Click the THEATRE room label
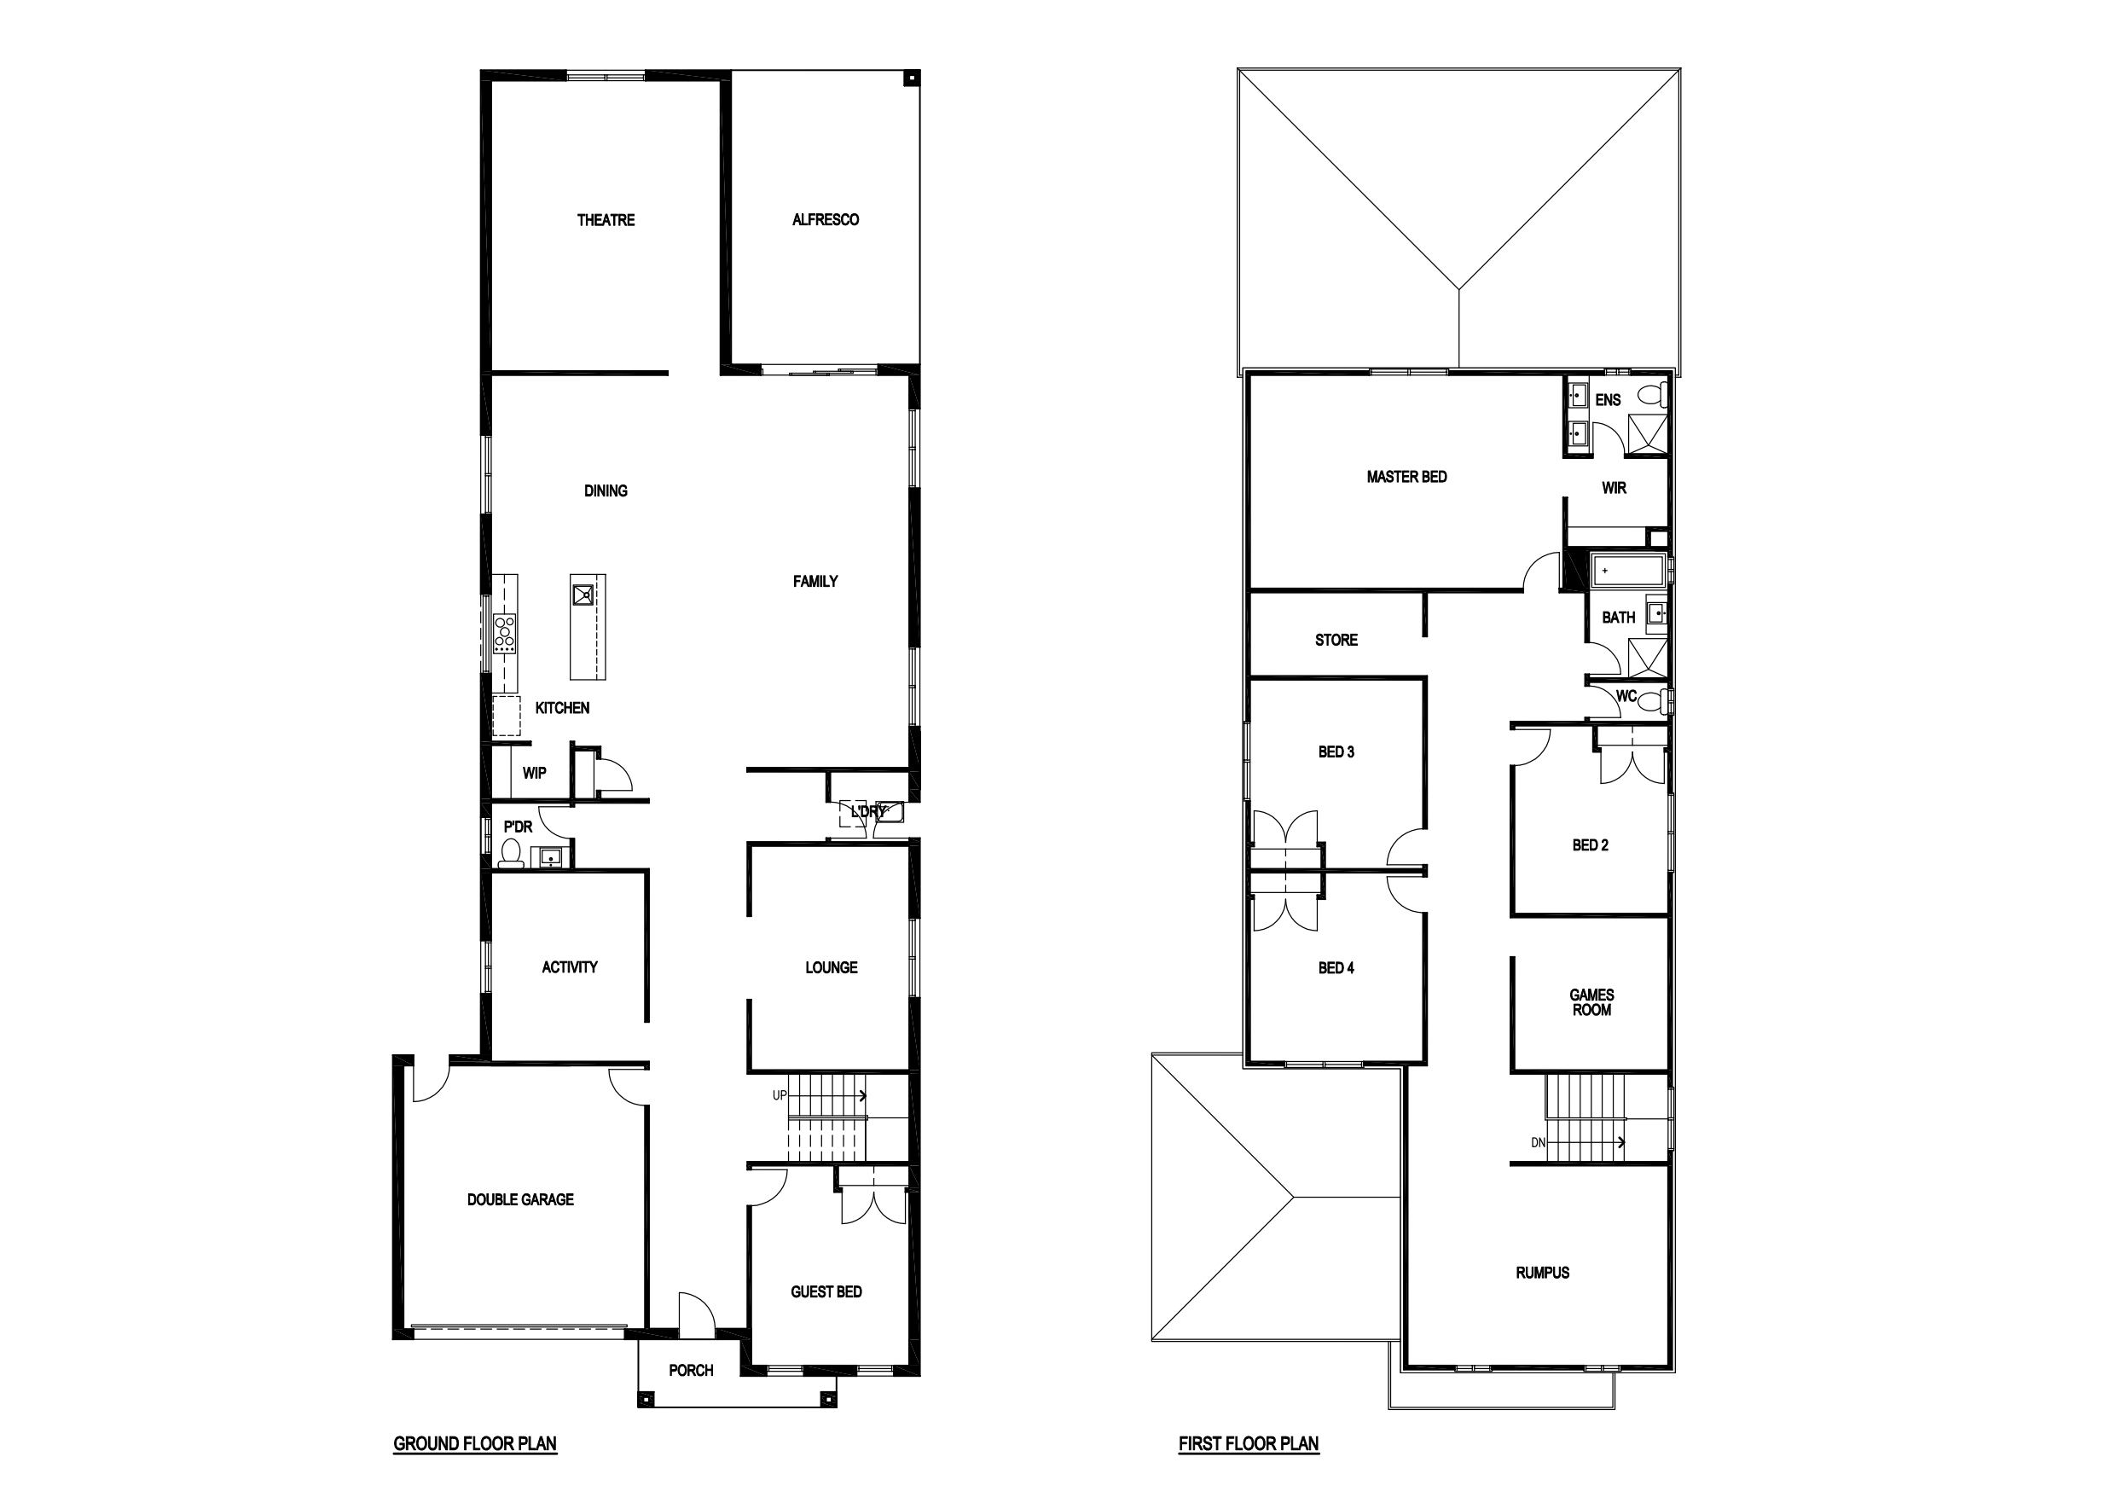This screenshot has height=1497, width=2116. coord(606,220)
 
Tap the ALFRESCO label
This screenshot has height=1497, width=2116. coord(826,220)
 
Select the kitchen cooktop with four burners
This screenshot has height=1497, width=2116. coord(505,634)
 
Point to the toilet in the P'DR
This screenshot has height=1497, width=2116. coord(511,854)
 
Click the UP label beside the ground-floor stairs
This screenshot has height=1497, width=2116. coord(780,1096)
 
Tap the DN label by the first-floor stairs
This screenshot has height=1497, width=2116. coord(1537,1143)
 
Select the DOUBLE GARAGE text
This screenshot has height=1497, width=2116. coord(521,1199)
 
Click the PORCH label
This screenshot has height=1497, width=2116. coord(691,1371)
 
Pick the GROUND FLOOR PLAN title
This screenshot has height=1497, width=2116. coord(476,1443)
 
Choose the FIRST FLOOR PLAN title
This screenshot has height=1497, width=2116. coord(1249,1443)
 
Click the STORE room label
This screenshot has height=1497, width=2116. coord(1336,640)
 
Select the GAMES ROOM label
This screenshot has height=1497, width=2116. coord(1591,1002)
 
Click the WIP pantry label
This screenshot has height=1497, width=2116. coord(535,774)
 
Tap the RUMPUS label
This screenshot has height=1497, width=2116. coord(1543,1273)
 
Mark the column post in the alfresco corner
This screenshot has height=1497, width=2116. coord(910,79)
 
